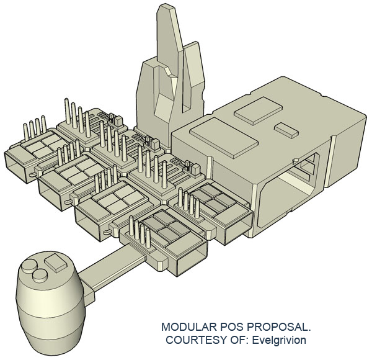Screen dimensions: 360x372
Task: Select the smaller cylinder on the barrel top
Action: point(40,276)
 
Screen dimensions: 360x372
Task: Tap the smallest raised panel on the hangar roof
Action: point(285,129)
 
